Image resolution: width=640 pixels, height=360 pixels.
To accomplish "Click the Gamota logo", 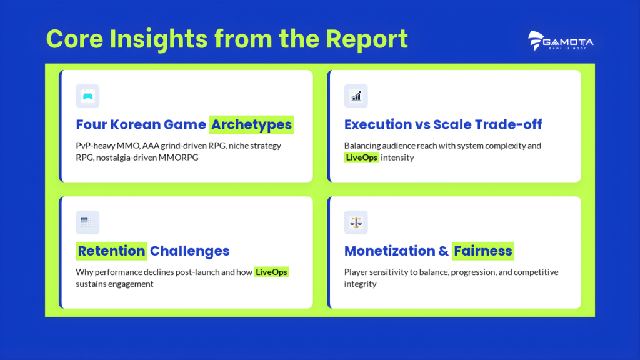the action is (x=561, y=41).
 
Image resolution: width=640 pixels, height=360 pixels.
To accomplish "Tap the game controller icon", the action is (x=87, y=96).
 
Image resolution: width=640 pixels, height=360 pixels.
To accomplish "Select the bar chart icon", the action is (x=356, y=96).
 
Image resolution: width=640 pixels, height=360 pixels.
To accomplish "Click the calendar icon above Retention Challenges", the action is (x=87, y=222).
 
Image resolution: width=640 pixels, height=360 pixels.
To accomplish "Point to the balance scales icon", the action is (x=356, y=222).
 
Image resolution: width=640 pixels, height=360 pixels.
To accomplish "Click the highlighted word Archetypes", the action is (x=251, y=124).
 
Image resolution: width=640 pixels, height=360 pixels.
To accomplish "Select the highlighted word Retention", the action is (x=111, y=251).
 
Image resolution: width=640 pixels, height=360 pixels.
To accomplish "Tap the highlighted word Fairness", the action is (x=483, y=251).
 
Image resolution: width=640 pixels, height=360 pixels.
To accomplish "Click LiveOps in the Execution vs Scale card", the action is (x=362, y=157).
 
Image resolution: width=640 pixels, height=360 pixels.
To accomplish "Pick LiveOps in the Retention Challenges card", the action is (x=271, y=272).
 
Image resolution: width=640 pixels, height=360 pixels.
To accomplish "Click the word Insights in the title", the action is (x=159, y=39).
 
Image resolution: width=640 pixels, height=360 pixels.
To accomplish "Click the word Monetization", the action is (x=391, y=251).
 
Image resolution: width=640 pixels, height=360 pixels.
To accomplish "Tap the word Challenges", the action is (x=190, y=251).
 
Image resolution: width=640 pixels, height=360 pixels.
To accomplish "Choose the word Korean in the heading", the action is (x=135, y=124).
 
